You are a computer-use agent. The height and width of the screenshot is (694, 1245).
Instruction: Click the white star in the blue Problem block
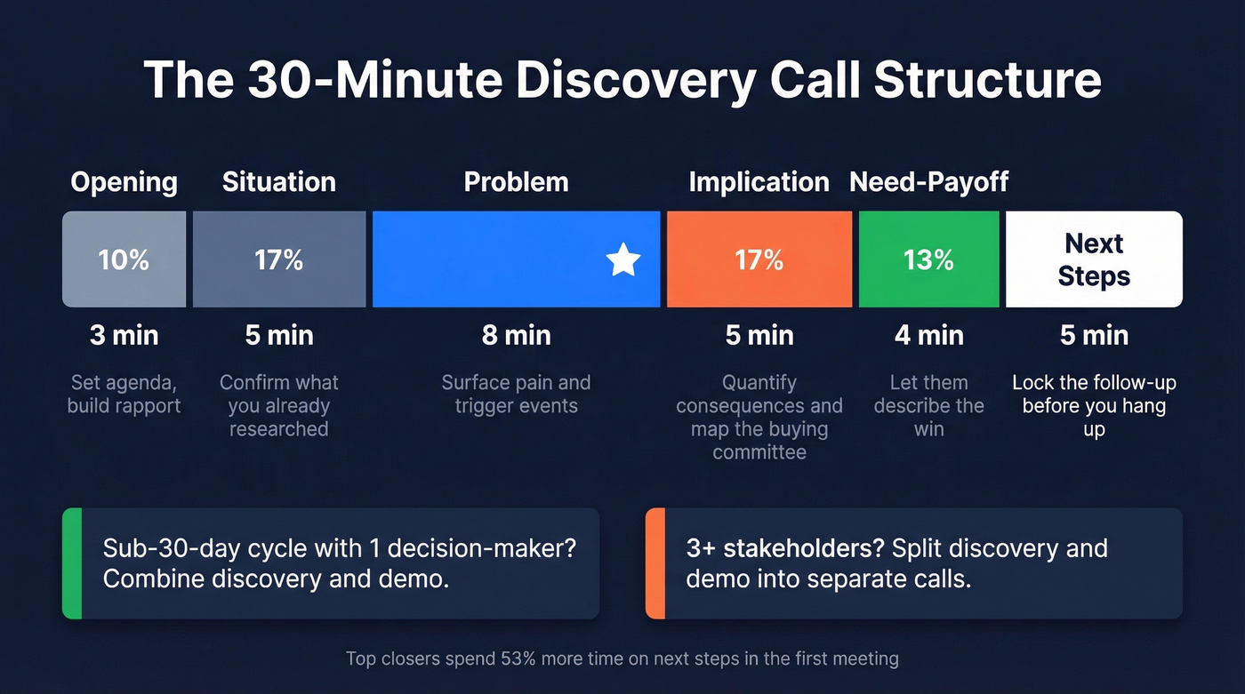pos(623,260)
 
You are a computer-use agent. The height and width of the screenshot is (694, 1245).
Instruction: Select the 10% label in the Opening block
pos(124,259)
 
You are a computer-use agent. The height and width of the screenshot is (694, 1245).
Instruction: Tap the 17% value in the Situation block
pos(279,259)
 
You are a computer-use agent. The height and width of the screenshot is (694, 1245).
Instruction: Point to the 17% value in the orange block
pos(759,259)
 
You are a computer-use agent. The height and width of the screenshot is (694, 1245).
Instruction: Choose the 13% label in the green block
pos(928,259)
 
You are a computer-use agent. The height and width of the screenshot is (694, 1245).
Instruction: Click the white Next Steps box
pos(1094,259)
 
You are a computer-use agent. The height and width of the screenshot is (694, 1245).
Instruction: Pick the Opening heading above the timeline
pos(124,182)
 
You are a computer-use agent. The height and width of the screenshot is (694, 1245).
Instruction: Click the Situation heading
pos(279,182)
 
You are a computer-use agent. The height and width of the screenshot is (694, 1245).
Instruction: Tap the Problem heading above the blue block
pos(516,182)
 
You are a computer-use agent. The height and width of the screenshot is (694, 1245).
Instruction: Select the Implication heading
pos(759,182)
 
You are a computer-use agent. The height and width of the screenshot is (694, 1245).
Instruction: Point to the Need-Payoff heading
pos(928,182)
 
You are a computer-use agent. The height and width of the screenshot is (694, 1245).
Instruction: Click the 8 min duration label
pos(516,335)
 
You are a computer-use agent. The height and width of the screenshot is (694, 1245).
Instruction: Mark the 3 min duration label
pos(124,335)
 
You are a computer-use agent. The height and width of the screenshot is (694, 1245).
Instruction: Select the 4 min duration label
pos(928,335)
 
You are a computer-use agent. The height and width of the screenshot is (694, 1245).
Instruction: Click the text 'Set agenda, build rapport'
pos(124,395)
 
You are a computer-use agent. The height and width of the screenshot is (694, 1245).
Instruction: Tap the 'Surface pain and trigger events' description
pos(516,395)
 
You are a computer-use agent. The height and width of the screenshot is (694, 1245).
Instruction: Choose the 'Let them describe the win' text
pos(928,406)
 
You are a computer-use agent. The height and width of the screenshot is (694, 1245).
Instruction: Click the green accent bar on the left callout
pos(72,563)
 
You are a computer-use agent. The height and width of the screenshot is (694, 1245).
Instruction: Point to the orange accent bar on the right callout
pos(655,563)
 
